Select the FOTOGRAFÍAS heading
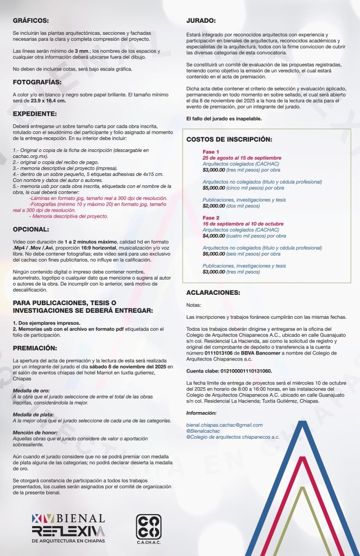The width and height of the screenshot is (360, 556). pos(37,83)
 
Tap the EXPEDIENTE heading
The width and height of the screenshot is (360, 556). pos(35,114)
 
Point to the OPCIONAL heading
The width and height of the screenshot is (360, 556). pos(31,229)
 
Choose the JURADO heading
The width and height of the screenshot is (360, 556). pos(201,20)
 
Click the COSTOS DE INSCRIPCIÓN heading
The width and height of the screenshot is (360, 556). pos(229,140)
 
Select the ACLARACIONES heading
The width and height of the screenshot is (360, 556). pos(213,292)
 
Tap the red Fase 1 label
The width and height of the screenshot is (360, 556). pos(211,151)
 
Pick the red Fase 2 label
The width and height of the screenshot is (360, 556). pos(211,217)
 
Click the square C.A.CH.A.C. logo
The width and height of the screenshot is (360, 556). pos(148,527)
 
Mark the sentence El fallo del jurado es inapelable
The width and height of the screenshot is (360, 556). pos(223,118)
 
